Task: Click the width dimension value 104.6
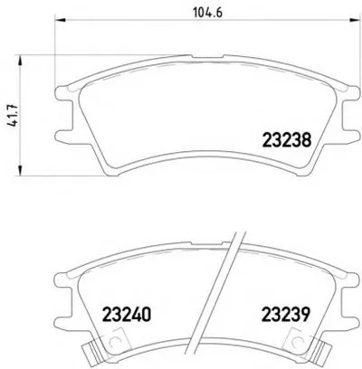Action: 207,13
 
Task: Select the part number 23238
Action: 287,140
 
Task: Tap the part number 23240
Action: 127,315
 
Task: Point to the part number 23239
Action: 285,315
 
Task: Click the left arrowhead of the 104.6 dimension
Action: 60,20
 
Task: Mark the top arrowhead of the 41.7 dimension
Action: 20,61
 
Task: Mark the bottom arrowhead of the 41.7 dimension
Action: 20,170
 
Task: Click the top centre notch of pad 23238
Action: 207,56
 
